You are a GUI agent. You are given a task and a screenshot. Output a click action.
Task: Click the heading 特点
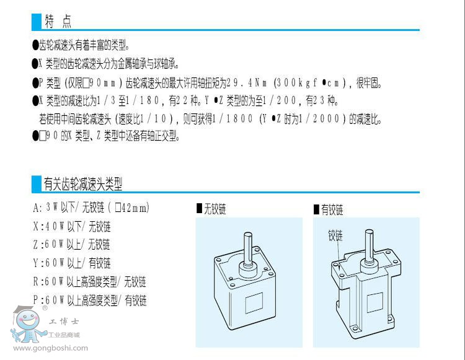[58, 21]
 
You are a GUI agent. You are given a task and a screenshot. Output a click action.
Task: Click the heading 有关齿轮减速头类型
[83, 183]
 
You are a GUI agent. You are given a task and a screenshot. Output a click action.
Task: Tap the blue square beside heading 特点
[37, 22]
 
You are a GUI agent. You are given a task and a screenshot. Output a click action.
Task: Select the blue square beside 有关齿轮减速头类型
[37, 183]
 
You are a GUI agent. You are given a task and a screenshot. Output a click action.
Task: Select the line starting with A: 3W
[91, 208]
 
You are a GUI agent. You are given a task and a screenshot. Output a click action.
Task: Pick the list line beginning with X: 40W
[72, 227]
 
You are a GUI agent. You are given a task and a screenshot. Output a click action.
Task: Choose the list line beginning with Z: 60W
[72, 245]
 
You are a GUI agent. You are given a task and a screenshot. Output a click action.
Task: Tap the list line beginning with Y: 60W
[72, 263]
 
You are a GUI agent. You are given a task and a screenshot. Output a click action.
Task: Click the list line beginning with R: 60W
[90, 282]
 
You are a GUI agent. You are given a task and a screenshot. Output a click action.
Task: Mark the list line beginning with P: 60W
[90, 300]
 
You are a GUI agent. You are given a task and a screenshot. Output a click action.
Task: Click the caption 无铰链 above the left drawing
[211, 209]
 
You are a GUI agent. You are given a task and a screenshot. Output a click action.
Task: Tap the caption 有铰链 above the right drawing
[329, 210]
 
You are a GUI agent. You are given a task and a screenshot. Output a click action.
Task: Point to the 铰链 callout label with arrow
[335, 236]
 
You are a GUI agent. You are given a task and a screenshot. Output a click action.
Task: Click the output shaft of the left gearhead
[248, 248]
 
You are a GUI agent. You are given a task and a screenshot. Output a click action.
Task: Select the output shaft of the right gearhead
[370, 245]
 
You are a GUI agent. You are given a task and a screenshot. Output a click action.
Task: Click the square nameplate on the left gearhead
[254, 302]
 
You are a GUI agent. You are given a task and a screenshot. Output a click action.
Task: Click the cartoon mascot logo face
[27, 319]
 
